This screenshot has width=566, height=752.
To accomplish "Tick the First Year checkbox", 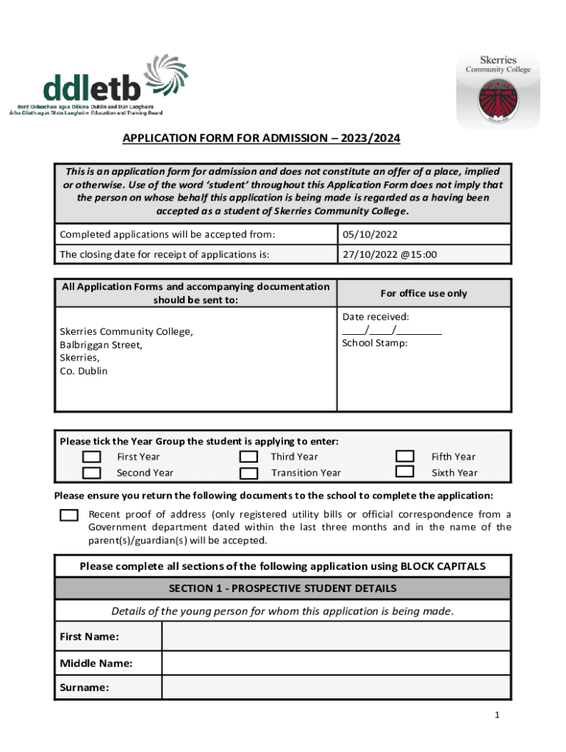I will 92,457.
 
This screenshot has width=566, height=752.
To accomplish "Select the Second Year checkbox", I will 92,473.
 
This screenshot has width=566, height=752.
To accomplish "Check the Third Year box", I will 248,457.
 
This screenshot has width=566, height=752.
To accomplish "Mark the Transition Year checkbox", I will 248,473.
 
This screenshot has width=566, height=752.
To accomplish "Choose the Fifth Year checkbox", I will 405,457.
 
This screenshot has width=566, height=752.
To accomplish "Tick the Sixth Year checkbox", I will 405,472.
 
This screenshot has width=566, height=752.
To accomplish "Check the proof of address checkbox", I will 69,515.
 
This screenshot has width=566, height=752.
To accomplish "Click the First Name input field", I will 336,636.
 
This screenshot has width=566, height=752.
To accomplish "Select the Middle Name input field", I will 336,663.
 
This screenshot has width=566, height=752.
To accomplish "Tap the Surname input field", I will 336,687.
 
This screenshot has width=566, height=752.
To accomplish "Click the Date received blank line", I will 392,330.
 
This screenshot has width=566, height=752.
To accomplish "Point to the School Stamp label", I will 374,343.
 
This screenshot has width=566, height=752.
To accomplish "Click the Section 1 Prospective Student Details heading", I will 282,588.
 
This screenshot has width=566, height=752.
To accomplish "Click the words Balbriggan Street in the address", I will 101,344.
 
